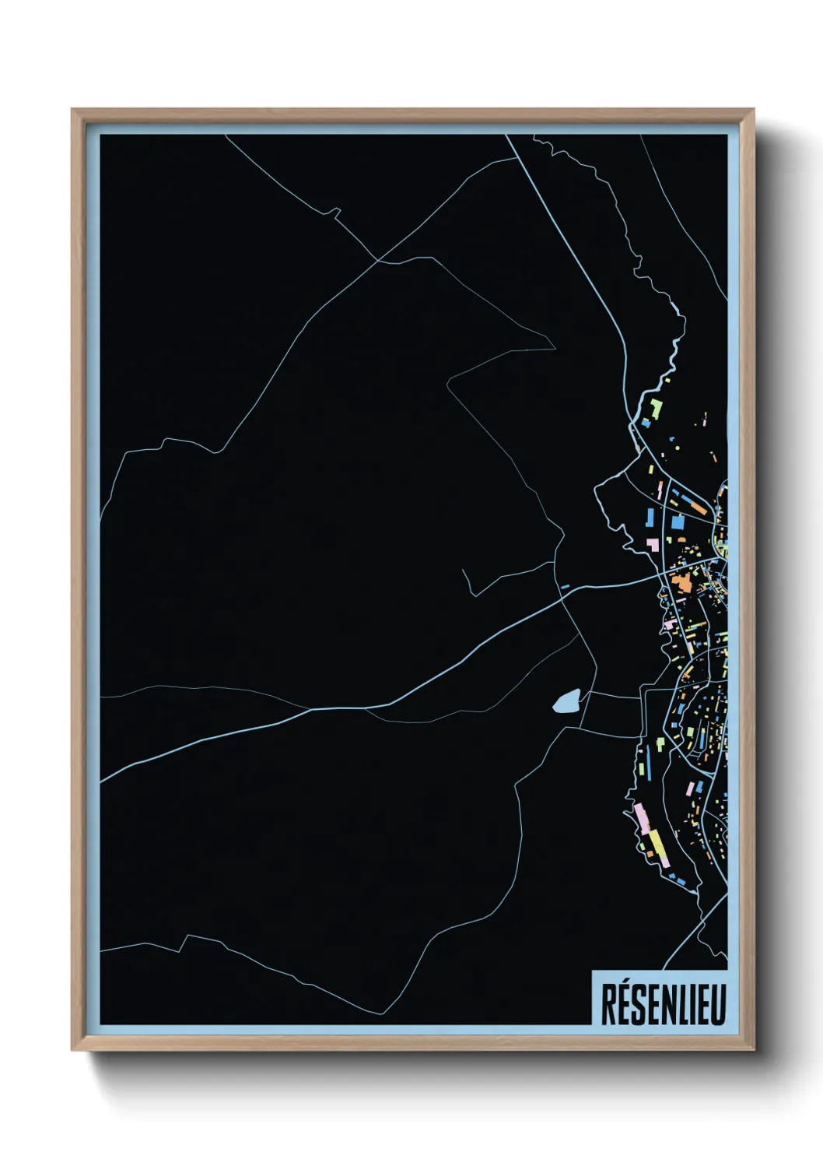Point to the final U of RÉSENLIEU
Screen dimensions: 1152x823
(x=717, y=1004)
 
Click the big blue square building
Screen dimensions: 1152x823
(x=678, y=522)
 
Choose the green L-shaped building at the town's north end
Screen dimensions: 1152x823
(x=657, y=407)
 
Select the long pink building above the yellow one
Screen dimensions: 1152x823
(x=641, y=816)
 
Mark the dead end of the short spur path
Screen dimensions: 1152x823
(x=462, y=570)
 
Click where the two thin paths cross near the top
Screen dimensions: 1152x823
(x=378, y=260)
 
